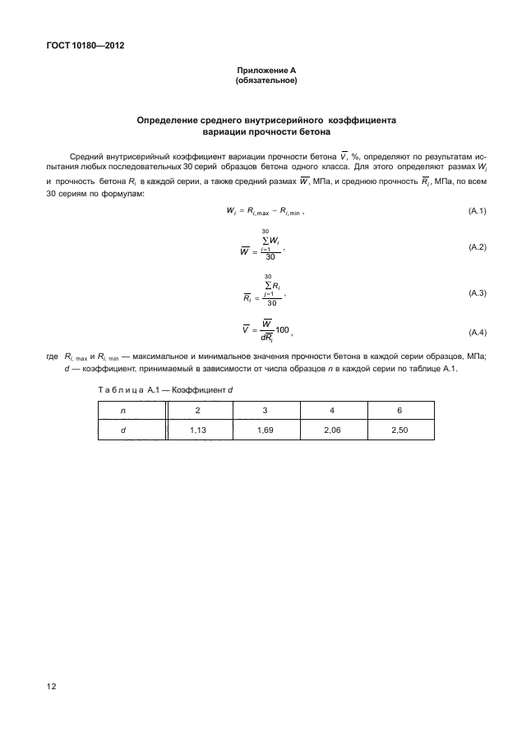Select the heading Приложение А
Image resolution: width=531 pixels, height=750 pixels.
click(265, 72)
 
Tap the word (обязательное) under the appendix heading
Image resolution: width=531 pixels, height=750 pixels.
click(265, 81)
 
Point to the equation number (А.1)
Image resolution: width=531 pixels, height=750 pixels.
click(477, 211)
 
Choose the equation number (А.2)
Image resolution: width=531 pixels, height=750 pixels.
click(477, 247)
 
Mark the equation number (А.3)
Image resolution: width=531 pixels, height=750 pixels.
click(477, 293)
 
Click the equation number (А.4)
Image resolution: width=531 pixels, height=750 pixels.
click(477, 332)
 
